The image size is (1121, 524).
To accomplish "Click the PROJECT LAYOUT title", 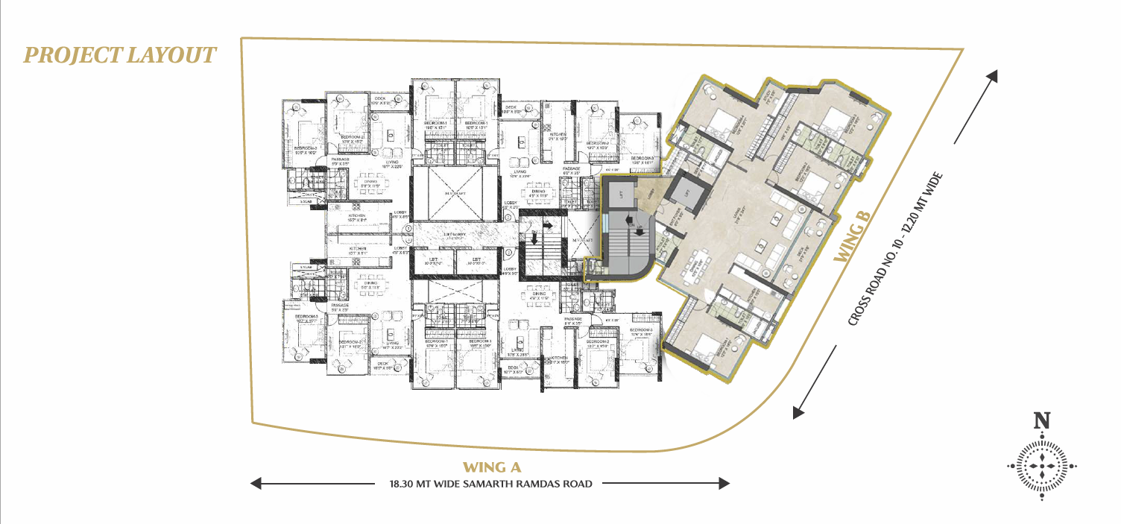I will [120, 55].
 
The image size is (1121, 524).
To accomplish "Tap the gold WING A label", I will [490, 467].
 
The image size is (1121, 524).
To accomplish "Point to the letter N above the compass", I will [1042, 420].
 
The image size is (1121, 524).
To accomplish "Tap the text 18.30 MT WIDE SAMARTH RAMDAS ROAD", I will [490, 484].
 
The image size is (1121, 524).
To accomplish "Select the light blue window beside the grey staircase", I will [606, 223].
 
